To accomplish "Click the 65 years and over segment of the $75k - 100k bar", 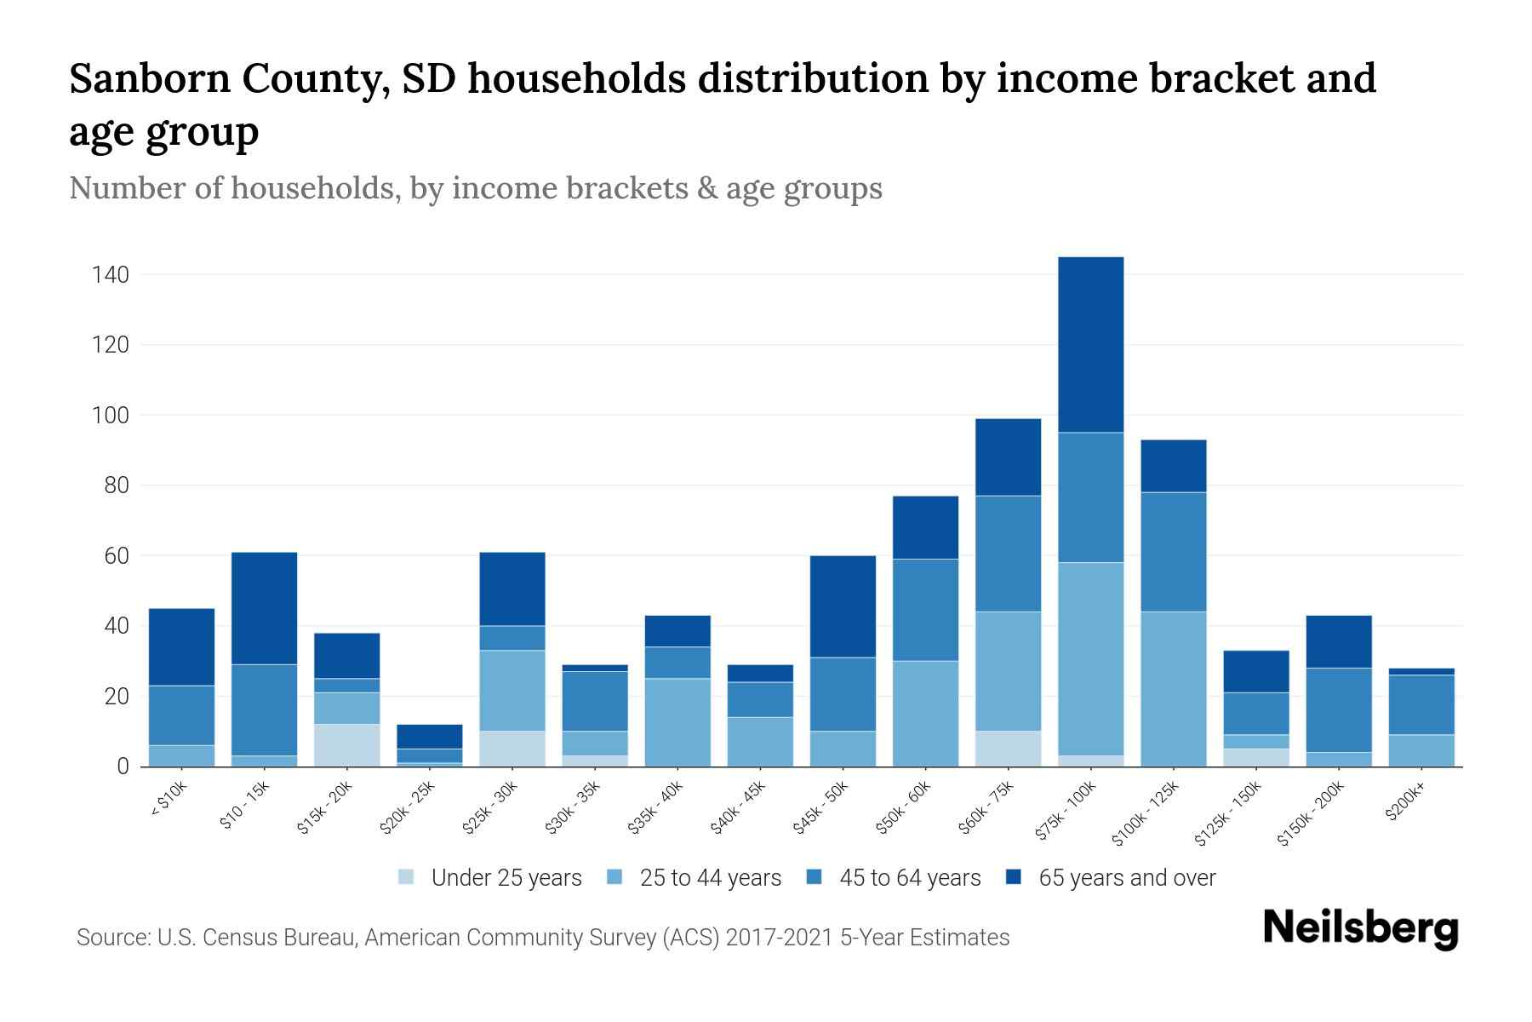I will tap(1090, 345).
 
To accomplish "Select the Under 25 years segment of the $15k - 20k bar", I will tap(346, 745).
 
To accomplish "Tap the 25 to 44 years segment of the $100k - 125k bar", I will tap(1173, 689).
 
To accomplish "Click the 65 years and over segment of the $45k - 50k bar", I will tap(843, 606).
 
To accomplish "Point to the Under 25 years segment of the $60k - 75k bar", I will tap(1008, 749).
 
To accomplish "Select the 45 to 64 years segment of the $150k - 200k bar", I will tap(1339, 709).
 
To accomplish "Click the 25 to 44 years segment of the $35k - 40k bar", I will tap(677, 722).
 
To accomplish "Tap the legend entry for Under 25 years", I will tap(506, 878).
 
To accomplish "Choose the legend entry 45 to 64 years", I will tap(909, 878).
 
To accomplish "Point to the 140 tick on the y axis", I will tap(111, 275).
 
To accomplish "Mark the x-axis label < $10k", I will tap(169, 801).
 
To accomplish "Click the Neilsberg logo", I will tap(1360, 928).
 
